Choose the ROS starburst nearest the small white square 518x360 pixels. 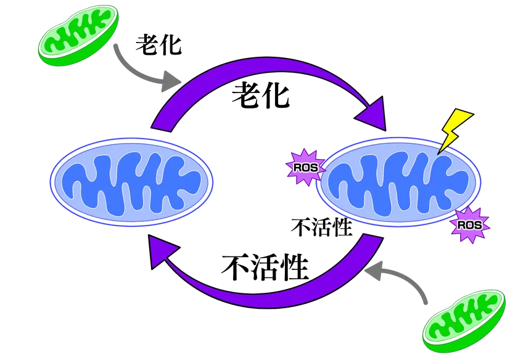pyautogui.click(x=469, y=226)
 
